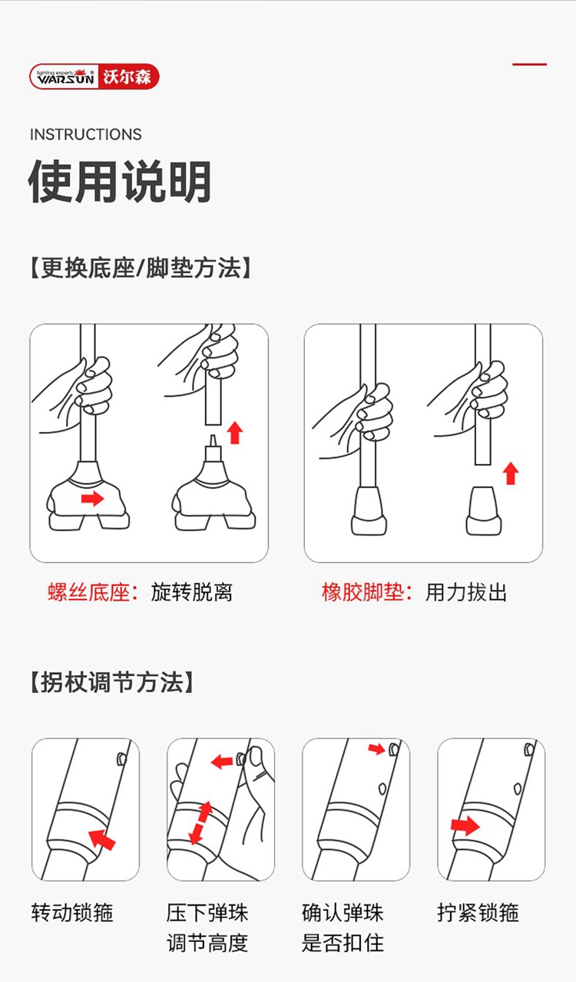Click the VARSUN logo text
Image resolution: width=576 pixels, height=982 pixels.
pyautogui.click(x=65, y=78)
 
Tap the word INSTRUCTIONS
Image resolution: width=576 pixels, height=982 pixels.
pyautogui.click(x=85, y=134)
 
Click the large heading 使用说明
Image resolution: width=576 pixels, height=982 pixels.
pyautogui.click(x=120, y=182)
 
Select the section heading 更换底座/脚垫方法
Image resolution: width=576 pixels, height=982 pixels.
pyautogui.click(x=141, y=268)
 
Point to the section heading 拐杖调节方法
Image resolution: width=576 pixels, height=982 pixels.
pyautogui.click(x=112, y=682)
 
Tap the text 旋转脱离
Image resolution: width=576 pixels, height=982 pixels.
pyautogui.click(x=192, y=592)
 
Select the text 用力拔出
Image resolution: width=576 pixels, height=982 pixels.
pyautogui.click(x=466, y=592)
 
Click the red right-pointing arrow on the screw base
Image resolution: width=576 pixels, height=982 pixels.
pyautogui.click(x=93, y=499)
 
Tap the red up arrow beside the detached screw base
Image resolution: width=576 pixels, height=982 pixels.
pyautogui.click(x=235, y=433)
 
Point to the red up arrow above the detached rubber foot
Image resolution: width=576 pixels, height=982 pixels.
pyautogui.click(x=511, y=473)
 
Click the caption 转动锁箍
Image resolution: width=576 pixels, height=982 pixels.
pyautogui.click(x=72, y=913)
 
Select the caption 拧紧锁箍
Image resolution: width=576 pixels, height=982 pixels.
pyautogui.click(x=478, y=913)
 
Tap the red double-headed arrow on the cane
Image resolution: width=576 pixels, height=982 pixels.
pyautogui.click(x=200, y=823)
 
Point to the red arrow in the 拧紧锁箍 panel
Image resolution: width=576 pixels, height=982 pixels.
pyautogui.click(x=465, y=826)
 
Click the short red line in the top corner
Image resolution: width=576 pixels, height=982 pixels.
pyautogui.click(x=529, y=64)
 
